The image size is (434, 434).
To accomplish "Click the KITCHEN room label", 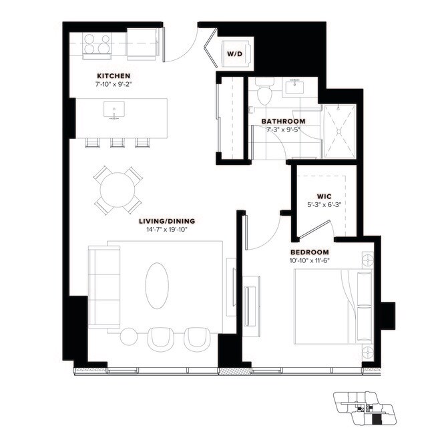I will click(x=113, y=76).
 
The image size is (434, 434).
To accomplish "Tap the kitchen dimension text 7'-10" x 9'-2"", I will click(x=113, y=85).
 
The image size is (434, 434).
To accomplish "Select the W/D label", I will click(x=234, y=53).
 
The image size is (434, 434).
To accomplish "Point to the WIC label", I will click(x=315, y=197).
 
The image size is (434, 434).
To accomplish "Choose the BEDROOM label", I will click(x=309, y=252).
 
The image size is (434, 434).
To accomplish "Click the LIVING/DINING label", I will click(x=167, y=221).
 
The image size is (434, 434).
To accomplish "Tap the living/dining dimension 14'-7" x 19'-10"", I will click(x=167, y=230).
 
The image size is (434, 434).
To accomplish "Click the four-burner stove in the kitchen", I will click(x=99, y=44).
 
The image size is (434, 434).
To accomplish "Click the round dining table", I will click(x=117, y=190).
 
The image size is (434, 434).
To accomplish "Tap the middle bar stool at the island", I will click(x=118, y=142).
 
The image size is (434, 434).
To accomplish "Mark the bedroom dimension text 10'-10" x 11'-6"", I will click(x=309, y=260).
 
